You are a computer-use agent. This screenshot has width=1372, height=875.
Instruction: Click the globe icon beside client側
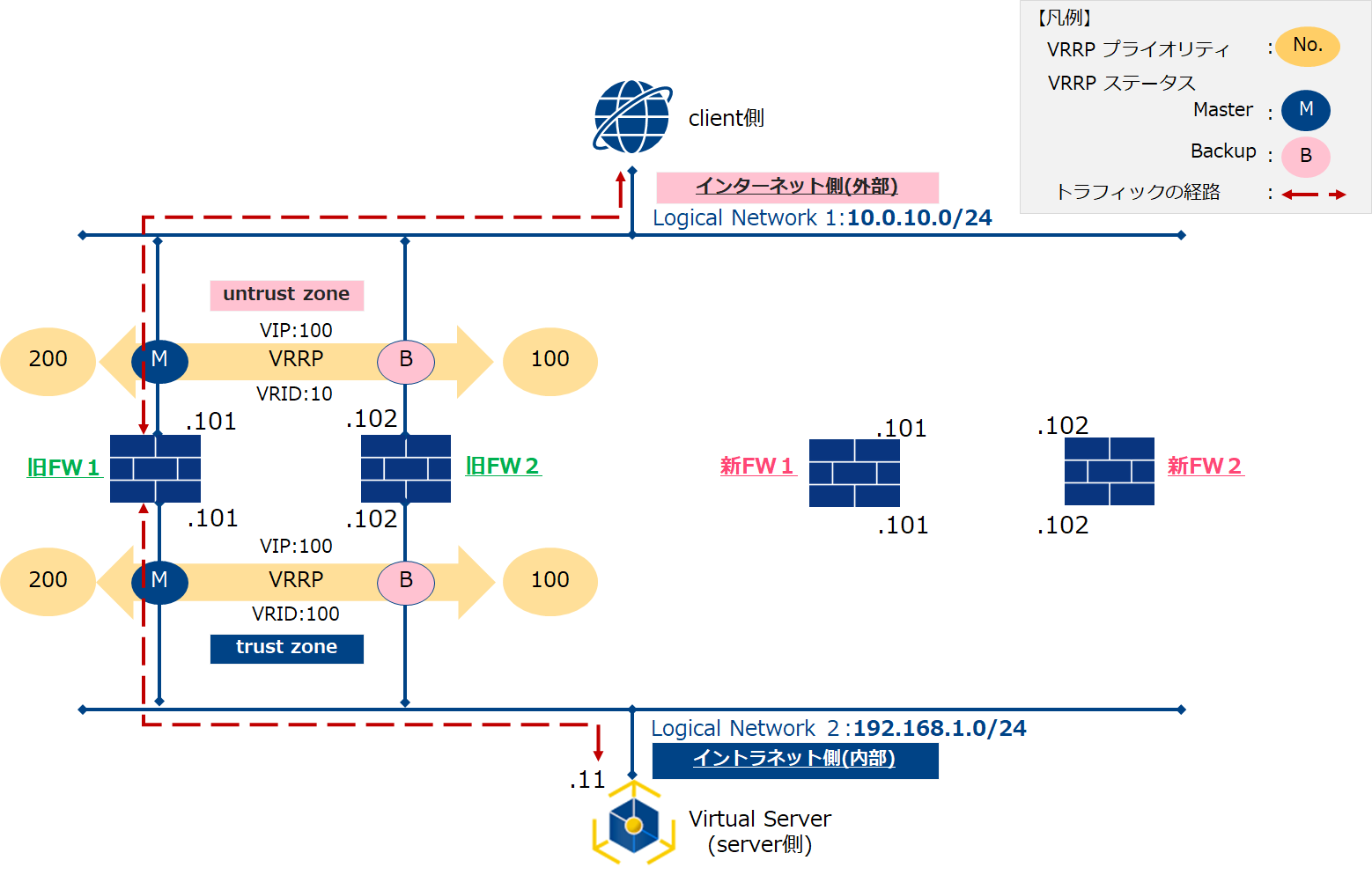coord(631,117)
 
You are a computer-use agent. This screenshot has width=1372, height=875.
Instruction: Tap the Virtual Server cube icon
coord(633,825)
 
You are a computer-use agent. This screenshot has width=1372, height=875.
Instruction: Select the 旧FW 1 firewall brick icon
coord(155,468)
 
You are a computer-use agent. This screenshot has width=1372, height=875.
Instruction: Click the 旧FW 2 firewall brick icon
coord(406,468)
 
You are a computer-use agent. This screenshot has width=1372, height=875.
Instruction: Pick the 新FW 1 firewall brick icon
coord(854,473)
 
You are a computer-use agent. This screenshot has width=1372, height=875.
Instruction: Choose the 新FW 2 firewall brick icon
coord(1109,471)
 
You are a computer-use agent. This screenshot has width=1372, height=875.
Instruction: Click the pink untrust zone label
coord(286,295)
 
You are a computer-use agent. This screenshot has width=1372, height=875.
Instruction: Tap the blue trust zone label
coord(286,648)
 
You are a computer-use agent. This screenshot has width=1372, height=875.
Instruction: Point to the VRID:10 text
coord(294,394)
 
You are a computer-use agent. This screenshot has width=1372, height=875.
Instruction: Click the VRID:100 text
coord(295,614)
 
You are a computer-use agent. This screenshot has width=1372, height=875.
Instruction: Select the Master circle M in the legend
coord(1305,110)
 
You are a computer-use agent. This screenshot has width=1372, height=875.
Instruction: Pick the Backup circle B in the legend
coord(1305,157)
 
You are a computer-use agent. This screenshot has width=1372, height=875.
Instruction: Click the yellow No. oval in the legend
coord(1308,46)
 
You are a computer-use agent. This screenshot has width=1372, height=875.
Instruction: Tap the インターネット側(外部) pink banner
coord(797,187)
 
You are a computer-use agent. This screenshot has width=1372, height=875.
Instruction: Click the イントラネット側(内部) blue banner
coord(794,760)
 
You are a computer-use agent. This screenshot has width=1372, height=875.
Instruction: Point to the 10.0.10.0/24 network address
coord(919,218)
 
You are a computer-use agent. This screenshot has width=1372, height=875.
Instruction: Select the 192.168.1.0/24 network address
coord(940,729)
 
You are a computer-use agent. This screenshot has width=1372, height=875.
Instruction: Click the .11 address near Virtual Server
coord(587,780)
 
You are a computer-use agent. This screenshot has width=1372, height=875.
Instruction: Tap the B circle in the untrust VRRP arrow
coord(406,360)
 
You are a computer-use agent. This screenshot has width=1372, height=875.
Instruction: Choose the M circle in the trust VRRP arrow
coord(159,581)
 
